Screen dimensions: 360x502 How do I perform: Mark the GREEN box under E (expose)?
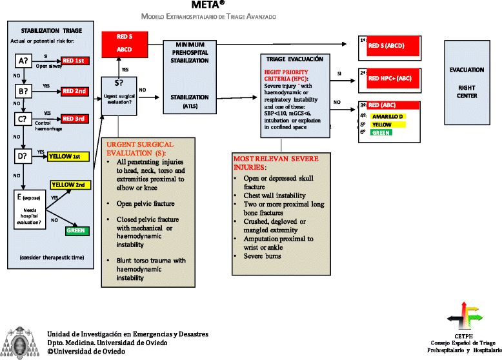[x=77, y=230]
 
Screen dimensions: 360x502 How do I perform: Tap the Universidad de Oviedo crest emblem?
[x=21, y=342]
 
